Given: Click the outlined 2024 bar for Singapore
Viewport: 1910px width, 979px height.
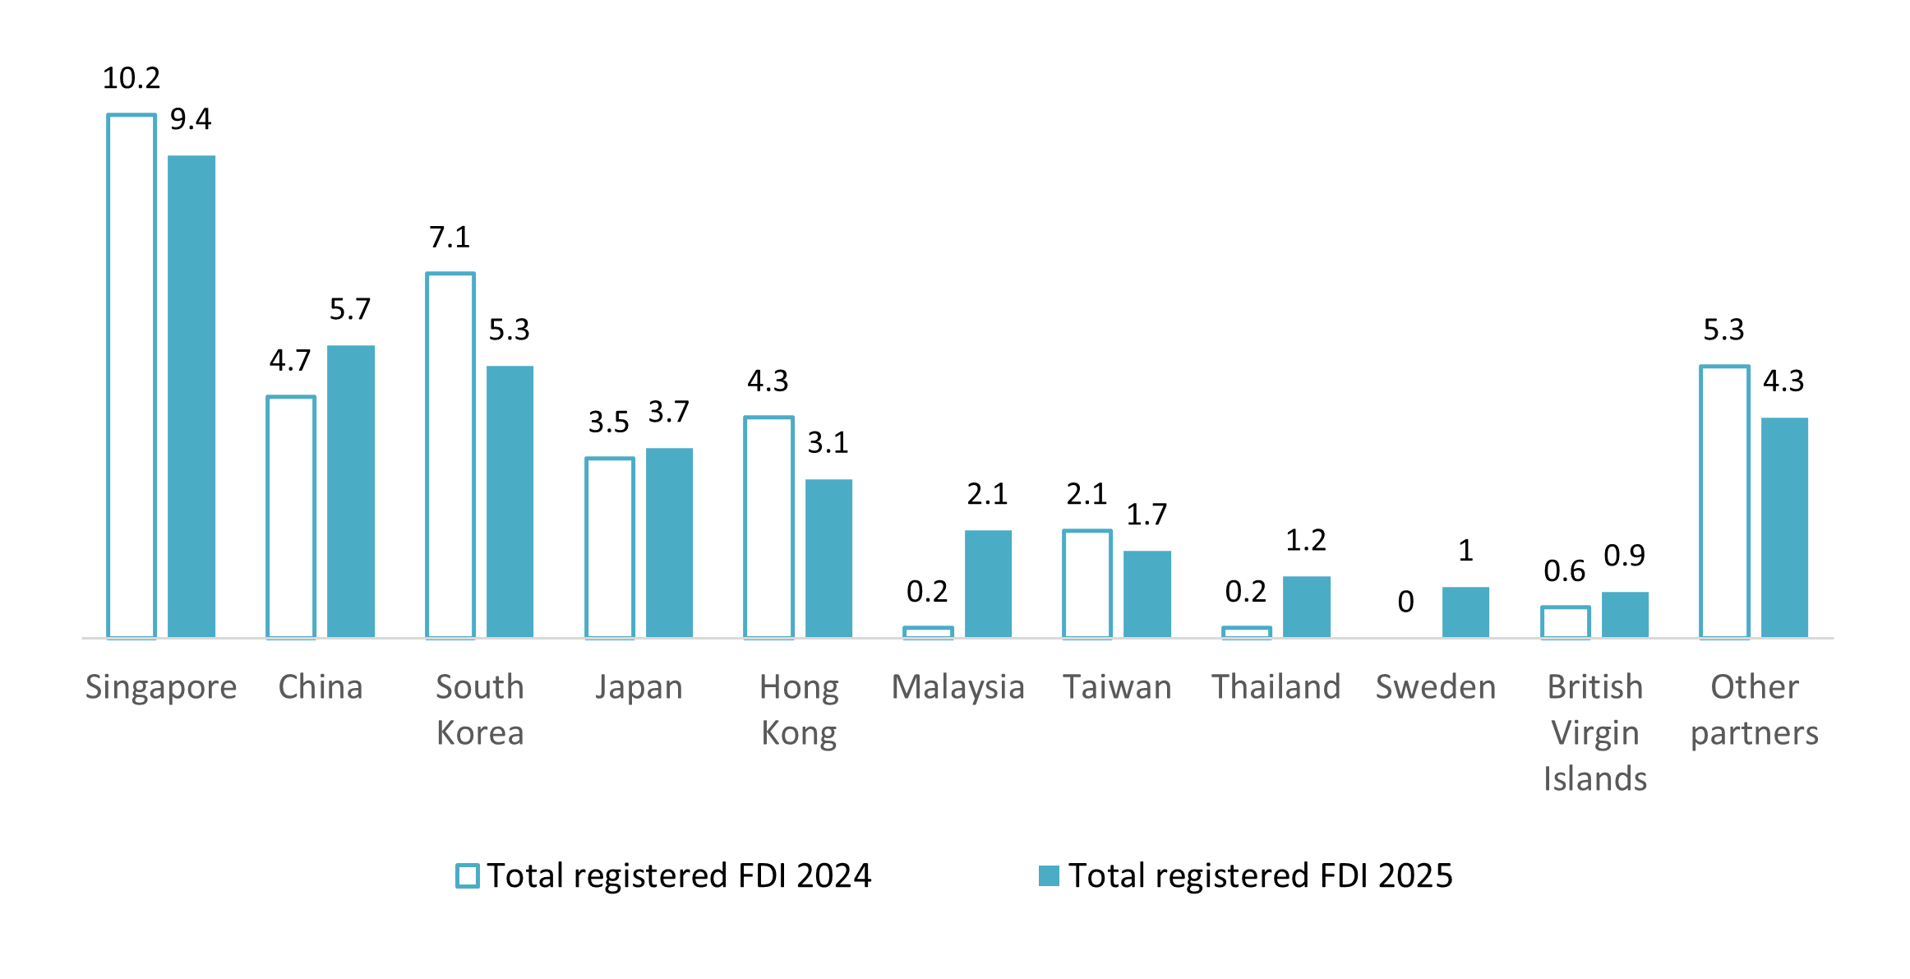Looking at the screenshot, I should [131, 376].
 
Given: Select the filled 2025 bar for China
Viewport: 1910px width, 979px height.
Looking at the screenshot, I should [351, 491].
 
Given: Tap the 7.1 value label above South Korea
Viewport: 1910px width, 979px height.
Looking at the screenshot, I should [450, 238].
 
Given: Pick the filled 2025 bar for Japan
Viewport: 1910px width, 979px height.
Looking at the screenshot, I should [669, 543].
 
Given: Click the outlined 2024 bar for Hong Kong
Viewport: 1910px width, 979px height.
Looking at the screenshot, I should [768, 527].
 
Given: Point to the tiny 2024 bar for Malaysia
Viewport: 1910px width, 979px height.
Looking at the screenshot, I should [928, 632].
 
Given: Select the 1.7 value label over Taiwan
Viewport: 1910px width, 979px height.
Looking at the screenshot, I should [1146, 515].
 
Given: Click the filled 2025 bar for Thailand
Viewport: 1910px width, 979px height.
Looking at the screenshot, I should [1306, 607].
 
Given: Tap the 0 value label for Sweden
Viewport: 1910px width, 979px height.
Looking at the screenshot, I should [1405, 602].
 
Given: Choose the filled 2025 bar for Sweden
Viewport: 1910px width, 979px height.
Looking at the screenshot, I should [1465, 612].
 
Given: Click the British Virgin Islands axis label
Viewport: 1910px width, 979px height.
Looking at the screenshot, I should [1594, 732].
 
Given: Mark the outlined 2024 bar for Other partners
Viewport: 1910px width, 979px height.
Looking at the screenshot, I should [1724, 501].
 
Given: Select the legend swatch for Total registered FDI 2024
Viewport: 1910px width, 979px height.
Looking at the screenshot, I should [468, 875].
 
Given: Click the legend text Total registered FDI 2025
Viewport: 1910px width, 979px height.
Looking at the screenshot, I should [1260, 875].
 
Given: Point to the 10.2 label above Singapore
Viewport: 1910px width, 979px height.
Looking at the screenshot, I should [131, 78].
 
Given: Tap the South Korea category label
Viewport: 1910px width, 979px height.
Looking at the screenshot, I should [480, 709].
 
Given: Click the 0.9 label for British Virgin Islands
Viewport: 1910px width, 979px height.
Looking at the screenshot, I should [1624, 556].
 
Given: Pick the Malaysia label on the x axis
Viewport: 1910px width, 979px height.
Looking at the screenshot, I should [957, 687].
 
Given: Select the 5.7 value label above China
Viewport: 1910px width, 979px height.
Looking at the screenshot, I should [350, 309].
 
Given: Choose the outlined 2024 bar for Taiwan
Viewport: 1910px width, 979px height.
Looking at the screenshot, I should [1086, 584].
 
